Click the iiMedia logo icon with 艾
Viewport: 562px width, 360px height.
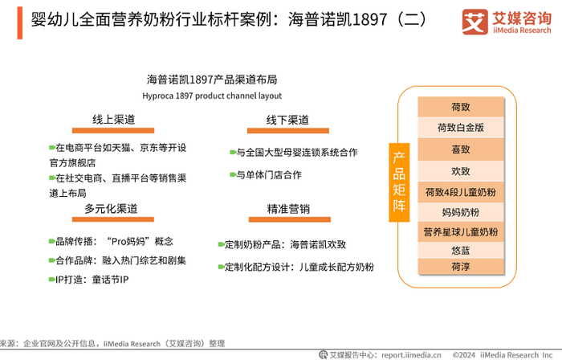(475, 22)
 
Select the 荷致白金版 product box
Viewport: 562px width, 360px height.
(461, 127)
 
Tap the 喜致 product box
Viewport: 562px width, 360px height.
(461, 149)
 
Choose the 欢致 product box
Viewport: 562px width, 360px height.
(461, 171)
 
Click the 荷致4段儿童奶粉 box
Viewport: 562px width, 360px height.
(461, 192)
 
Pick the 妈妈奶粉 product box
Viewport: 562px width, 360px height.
(461, 212)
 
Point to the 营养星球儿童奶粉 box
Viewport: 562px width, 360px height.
(461, 232)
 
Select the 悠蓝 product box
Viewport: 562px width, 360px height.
(461, 250)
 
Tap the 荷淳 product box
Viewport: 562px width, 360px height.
(461, 267)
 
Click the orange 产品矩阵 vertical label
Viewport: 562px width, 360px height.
(399, 182)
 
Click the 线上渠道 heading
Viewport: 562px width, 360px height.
(114, 120)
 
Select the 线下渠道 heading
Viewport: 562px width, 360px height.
(287, 120)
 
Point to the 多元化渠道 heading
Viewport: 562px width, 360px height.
(111, 208)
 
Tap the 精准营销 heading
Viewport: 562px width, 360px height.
(288, 209)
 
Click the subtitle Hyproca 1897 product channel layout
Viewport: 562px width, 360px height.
(212, 96)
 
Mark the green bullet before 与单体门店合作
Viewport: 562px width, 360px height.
(233, 174)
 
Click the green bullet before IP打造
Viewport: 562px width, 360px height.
(51, 280)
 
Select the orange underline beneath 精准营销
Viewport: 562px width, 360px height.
(290, 219)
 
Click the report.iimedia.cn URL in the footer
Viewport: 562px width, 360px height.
(411, 355)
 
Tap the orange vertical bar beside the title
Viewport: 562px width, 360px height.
(20, 23)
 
